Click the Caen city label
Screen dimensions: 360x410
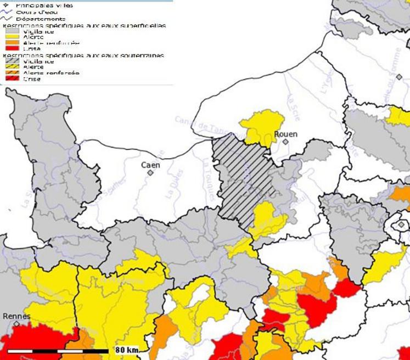pos(150,164)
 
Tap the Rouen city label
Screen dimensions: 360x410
pos(285,134)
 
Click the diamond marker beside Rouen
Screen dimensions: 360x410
pos(285,142)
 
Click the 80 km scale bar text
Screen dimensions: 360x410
pos(127,350)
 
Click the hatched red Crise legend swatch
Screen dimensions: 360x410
pos(12,79)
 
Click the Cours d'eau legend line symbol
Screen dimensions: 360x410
pos(8,13)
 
